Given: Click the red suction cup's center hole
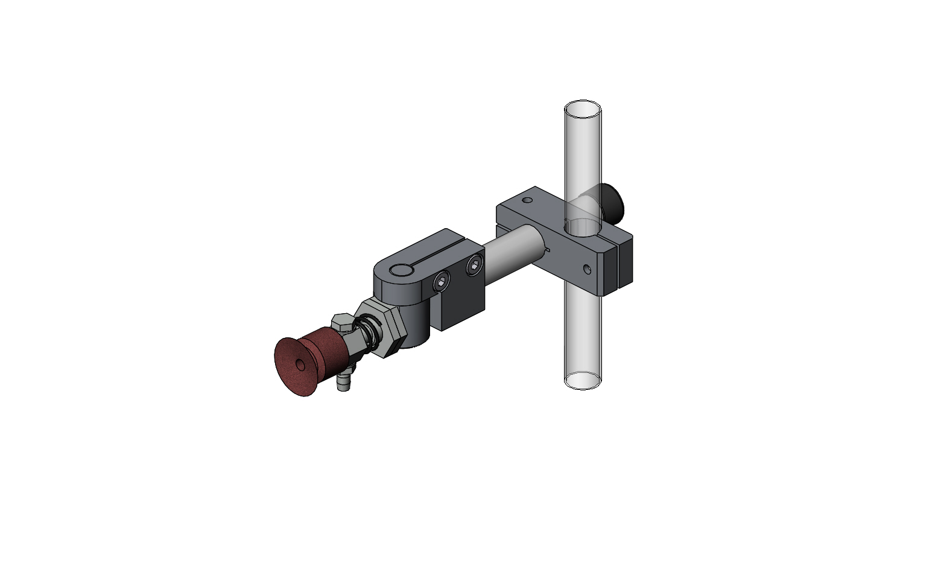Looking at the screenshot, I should coord(300,365).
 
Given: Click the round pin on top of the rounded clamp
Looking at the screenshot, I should coord(400,270).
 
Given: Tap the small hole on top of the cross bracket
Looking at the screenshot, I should coord(528,199).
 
